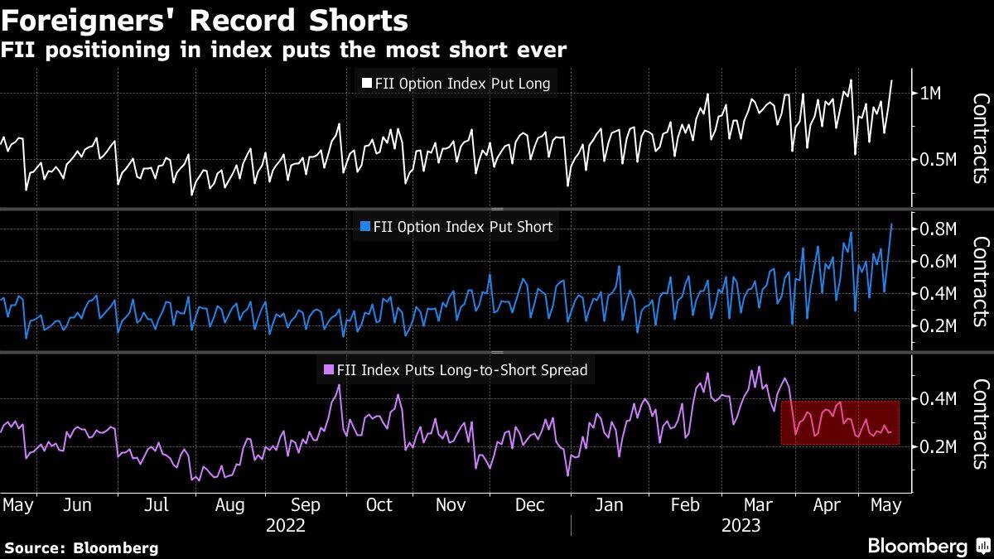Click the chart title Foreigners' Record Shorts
206,20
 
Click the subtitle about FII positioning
283,51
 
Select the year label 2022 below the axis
285,526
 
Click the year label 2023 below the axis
741,526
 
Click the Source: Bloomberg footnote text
81,547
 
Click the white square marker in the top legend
366,83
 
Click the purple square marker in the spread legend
326,370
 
